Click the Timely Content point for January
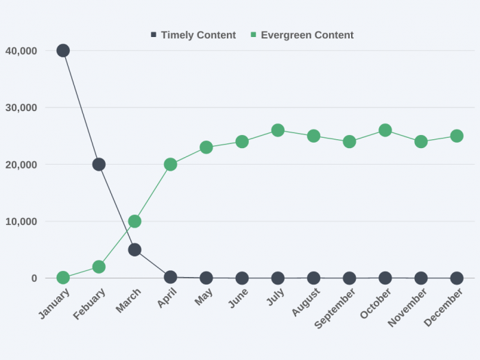(63, 50)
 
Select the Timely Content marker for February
(99, 165)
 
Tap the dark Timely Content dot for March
(134, 250)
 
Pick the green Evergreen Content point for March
(134, 221)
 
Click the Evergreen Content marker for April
(170, 165)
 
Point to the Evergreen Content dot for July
(278, 130)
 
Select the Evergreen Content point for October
(385, 130)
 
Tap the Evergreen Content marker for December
(457, 136)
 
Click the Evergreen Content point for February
(99, 267)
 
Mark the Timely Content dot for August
(313, 278)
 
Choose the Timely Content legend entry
(193, 35)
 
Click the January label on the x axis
(55, 304)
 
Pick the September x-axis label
(335, 308)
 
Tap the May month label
(204, 297)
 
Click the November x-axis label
(407, 307)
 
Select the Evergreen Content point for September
(350, 142)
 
